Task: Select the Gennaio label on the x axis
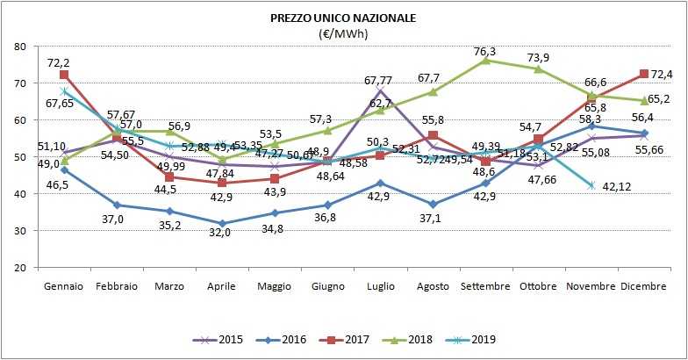tap(64, 286)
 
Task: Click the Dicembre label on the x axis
tap(646, 286)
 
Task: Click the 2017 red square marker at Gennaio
tap(65, 75)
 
